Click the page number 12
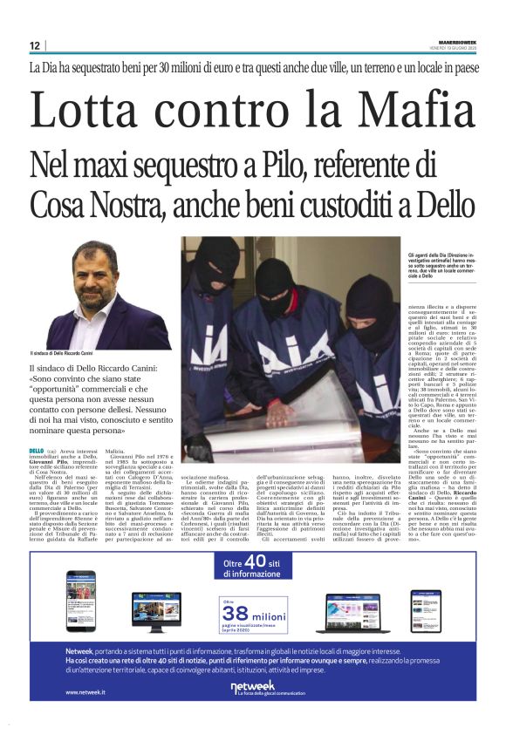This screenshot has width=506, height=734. pos(34,45)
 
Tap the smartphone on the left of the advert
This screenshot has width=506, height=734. pos(81,601)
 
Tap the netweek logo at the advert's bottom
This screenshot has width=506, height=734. pos(253,687)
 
